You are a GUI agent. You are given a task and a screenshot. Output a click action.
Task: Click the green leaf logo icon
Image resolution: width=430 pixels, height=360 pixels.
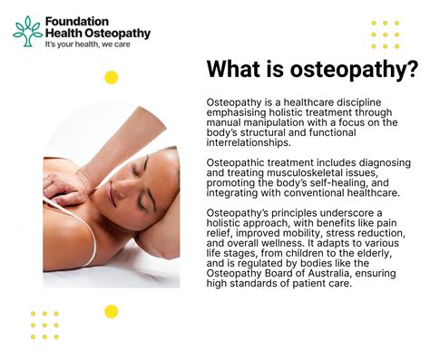(26, 31)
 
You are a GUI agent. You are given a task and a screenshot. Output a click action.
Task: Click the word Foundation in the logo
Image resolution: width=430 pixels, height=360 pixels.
(76, 21)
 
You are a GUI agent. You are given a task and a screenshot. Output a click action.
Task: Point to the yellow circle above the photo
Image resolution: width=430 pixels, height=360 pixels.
(112, 77)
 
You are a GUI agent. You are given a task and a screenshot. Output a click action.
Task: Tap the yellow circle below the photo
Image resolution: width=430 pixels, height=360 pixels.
(112, 311)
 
